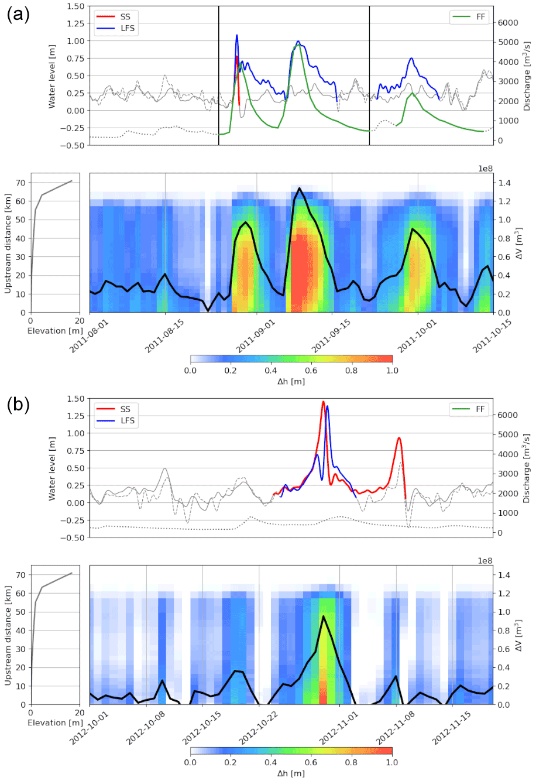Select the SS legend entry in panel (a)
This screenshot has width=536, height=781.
pos(125,17)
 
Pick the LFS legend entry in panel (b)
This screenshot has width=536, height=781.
pos(125,420)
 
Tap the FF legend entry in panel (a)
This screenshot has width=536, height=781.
pos(480,17)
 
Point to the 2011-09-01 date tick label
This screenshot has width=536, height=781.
pos(245,337)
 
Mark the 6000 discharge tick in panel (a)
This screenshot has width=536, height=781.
pos(510,22)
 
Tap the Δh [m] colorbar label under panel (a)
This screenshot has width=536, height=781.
pos(291,382)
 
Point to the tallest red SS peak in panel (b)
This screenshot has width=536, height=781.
pos(323,402)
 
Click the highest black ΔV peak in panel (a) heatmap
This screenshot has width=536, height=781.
pos(299,188)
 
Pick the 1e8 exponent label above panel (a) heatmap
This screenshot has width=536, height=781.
pos(486,168)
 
